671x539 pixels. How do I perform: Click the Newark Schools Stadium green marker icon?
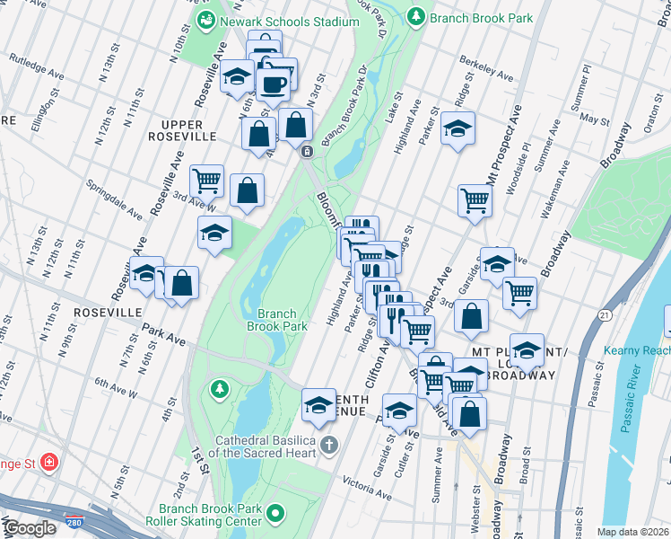click(x=207, y=19)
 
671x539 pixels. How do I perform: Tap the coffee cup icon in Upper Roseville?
click(x=274, y=84)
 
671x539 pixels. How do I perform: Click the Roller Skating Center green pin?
click(x=274, y=514)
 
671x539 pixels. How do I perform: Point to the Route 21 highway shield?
click(x=606, y=315)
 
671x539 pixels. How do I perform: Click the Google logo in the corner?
click(x=29, y=529)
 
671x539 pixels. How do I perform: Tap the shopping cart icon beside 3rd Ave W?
click(x=207, y=180)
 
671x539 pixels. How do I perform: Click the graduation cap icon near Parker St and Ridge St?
click(x=457, y=129)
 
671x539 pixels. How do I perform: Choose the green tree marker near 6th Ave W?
click(x=217, y=389)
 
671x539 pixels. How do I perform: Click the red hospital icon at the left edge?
click(x=50, y=463)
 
